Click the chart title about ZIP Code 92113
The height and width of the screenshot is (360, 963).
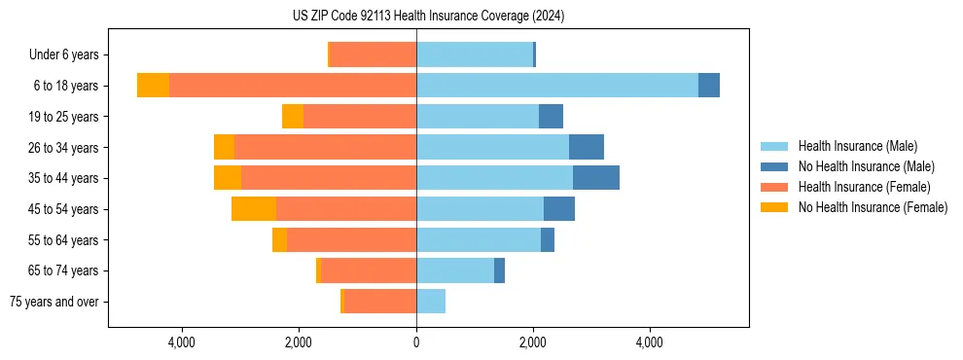[428, 16]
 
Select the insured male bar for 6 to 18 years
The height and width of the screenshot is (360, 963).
[557, 86]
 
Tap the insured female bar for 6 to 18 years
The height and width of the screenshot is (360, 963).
[293, 86]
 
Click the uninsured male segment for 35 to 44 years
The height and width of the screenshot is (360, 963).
[596, 178]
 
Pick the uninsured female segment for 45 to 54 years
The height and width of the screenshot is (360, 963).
[254, 209]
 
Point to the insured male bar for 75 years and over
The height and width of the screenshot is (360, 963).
[431, 302]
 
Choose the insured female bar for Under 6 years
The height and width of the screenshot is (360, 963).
[374, 54]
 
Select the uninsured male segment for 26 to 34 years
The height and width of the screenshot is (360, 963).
[587, 147]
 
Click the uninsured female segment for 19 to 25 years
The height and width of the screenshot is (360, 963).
[293, 117]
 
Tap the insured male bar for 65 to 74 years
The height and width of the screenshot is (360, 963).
[455, 270]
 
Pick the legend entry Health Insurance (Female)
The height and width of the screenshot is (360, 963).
[864, 187]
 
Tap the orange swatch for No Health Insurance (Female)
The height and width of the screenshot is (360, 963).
[774, 207]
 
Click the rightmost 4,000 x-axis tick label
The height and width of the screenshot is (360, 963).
[649, 342]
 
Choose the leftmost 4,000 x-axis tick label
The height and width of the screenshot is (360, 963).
[182, 342]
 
